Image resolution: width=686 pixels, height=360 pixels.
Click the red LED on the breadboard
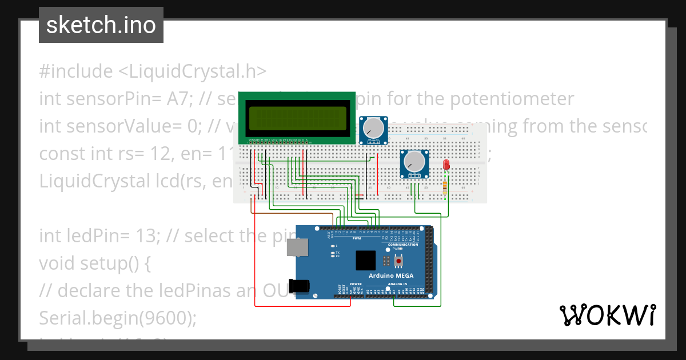coord(446,165)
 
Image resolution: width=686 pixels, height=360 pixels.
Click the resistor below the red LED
coord(446,186)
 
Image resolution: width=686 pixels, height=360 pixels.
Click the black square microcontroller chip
coord(366,261)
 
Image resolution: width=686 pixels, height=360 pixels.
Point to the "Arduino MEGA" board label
coord(391,275)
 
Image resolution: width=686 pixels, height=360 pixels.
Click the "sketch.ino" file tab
coord(101,25)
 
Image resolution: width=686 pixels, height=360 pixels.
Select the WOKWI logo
coord(607,315)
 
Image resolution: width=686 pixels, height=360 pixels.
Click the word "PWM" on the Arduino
coord(357,238)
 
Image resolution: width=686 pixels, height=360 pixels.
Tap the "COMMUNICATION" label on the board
coord(403,245)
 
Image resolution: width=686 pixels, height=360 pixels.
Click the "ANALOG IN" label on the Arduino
coord(397,283)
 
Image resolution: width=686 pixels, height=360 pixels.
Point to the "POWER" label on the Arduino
coord(356,283)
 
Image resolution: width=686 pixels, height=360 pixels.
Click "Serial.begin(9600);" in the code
coord(117,318)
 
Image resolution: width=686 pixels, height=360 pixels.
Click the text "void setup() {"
coord(94,263)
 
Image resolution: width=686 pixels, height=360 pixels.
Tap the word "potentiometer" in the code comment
coord(512,99)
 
